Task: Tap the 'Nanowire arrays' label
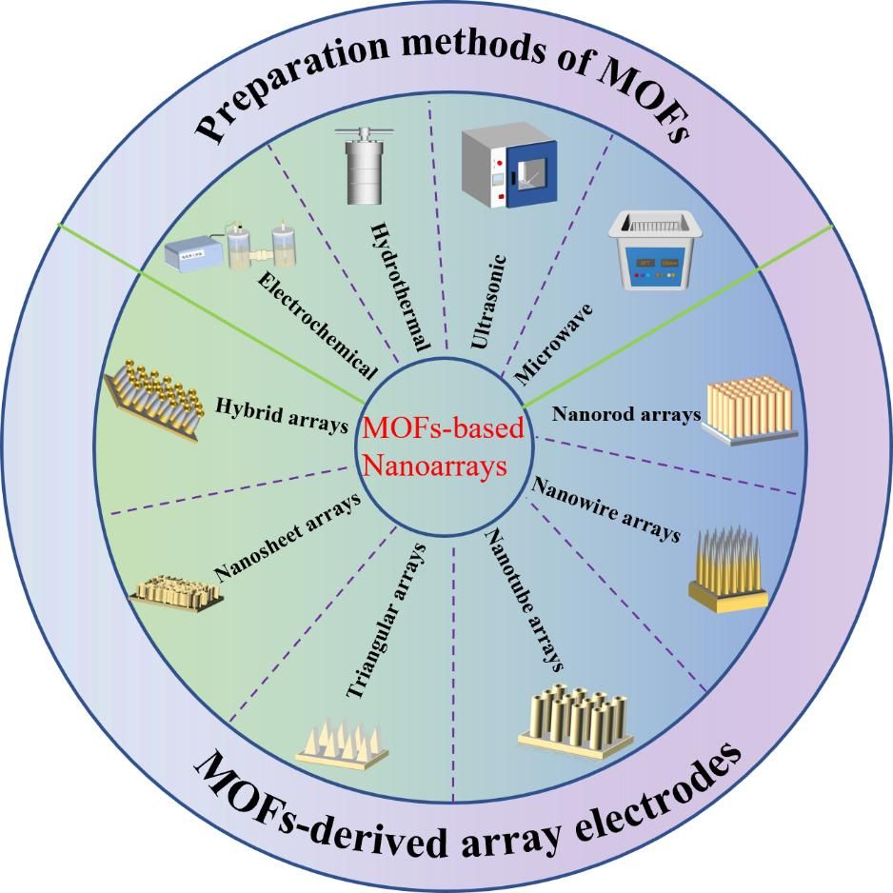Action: click(x=606, y=510)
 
